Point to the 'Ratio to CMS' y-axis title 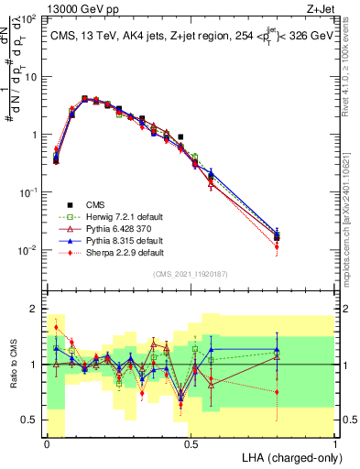pos(13,365)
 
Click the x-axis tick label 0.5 pos(191,443)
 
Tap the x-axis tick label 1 pos(335,443)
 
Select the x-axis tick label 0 pos(48,443)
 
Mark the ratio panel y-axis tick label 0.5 pos(30,420)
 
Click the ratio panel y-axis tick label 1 pos(34,365)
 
